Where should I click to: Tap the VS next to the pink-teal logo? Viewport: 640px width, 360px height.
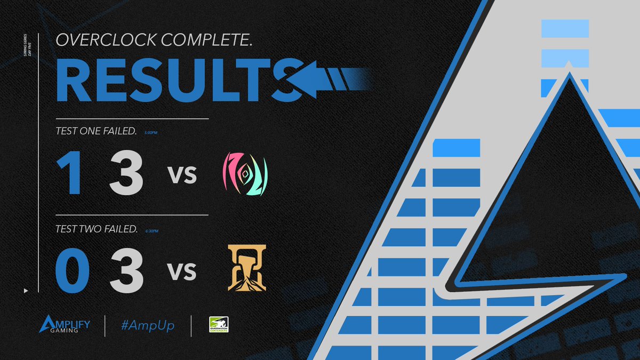(x=183, y=175)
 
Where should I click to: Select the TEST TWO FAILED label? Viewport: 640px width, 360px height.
(x=97, y=229)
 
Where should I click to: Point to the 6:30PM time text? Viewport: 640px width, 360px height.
(x=151, y=231)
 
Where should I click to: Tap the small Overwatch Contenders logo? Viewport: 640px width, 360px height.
(x=219, y=325)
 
